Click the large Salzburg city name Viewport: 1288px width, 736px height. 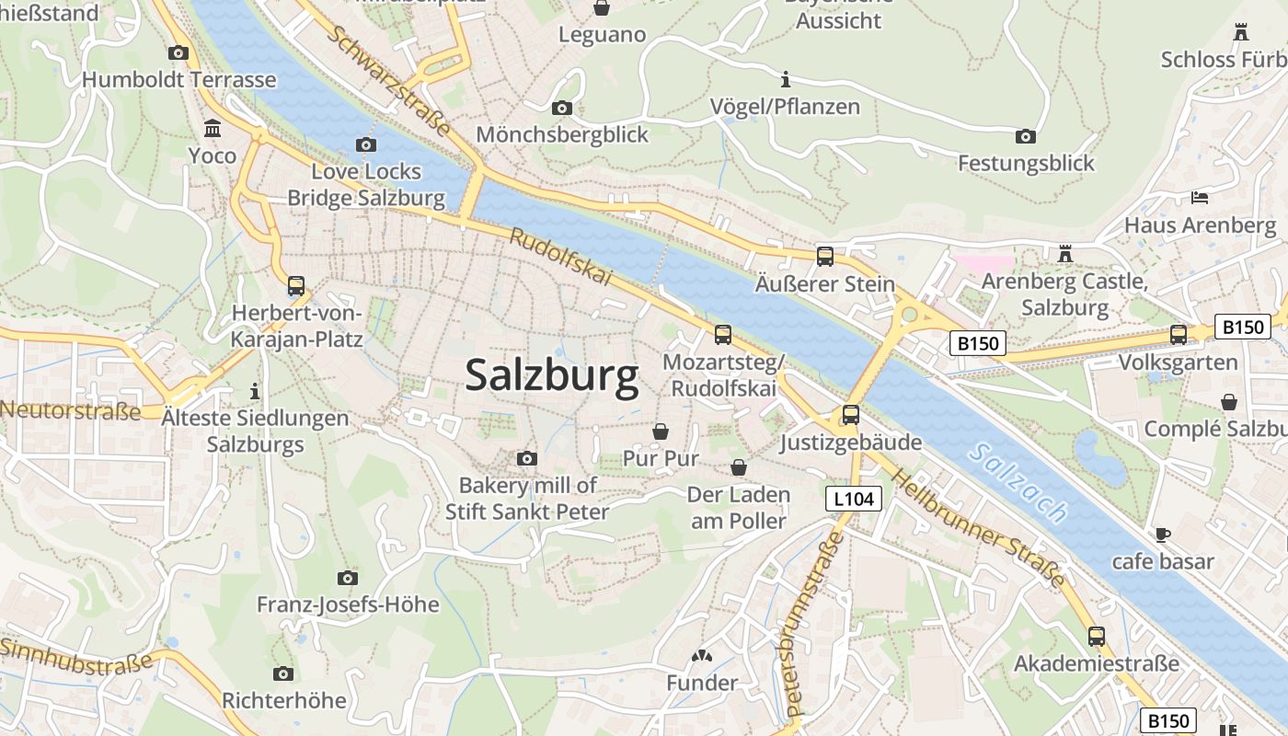pyautogui.click(x=551, y=375)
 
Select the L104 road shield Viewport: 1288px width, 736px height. pyautogui.click(x=853, y=499)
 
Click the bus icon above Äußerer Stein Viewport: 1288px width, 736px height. pyautogui.click(x=824, y=257)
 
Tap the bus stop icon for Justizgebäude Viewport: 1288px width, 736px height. pyautogui.click(x=850, y=415)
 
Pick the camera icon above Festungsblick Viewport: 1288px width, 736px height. pyautogui.click(x=1025, y=137)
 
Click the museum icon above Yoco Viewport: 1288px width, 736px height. pyautogui.click(x=213, y=128)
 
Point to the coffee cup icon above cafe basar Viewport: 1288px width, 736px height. pyautogui.click(x=1163, y=535)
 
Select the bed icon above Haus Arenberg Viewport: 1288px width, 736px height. pyautogui.click(x=1200, y=197)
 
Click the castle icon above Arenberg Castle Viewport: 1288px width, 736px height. pyautogui.click(x=1065, y=252)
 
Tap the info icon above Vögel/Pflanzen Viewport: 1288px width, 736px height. pyautogui.click(x=785, y=79)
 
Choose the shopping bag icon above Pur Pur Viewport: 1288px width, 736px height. pyautogui.click(x=661, y=431)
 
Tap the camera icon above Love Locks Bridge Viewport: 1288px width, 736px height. pyautogui.click(x=365, y=144)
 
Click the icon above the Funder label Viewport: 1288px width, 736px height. pyautogui.click(x=702, y=656)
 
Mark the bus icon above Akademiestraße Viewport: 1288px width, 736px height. pyautogui.click(x=1096, y=636)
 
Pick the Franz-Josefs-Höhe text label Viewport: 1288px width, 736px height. pyautogui.click(x=347, y=604)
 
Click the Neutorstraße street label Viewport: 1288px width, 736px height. pyautogui.click(x=71, y=410)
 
